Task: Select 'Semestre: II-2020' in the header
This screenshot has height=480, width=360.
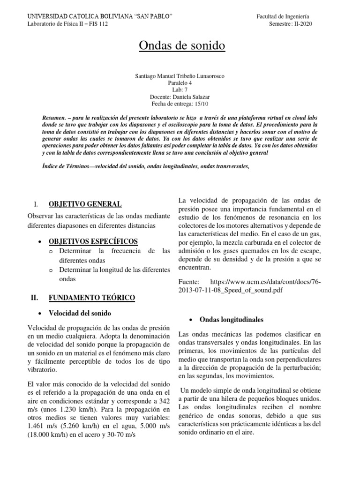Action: (291, 24)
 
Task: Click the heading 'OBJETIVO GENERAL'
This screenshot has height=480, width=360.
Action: (85, 204)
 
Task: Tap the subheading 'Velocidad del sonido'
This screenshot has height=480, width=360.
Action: (85, 313)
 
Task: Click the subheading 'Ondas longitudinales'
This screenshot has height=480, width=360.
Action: (231, 320)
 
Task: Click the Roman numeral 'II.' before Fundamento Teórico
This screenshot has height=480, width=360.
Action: (34, 298)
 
